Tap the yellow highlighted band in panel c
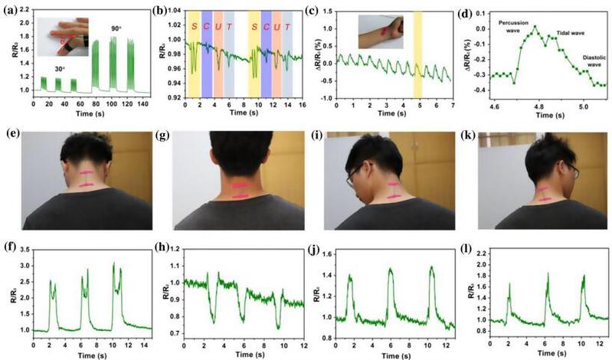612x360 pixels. pos(418,54)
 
